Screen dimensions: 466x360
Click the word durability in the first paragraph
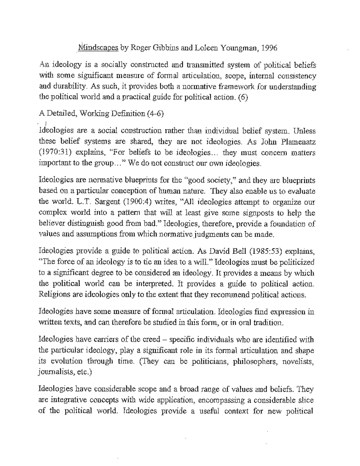(x=67, y=87)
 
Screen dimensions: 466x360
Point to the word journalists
(x=53, y=372)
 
